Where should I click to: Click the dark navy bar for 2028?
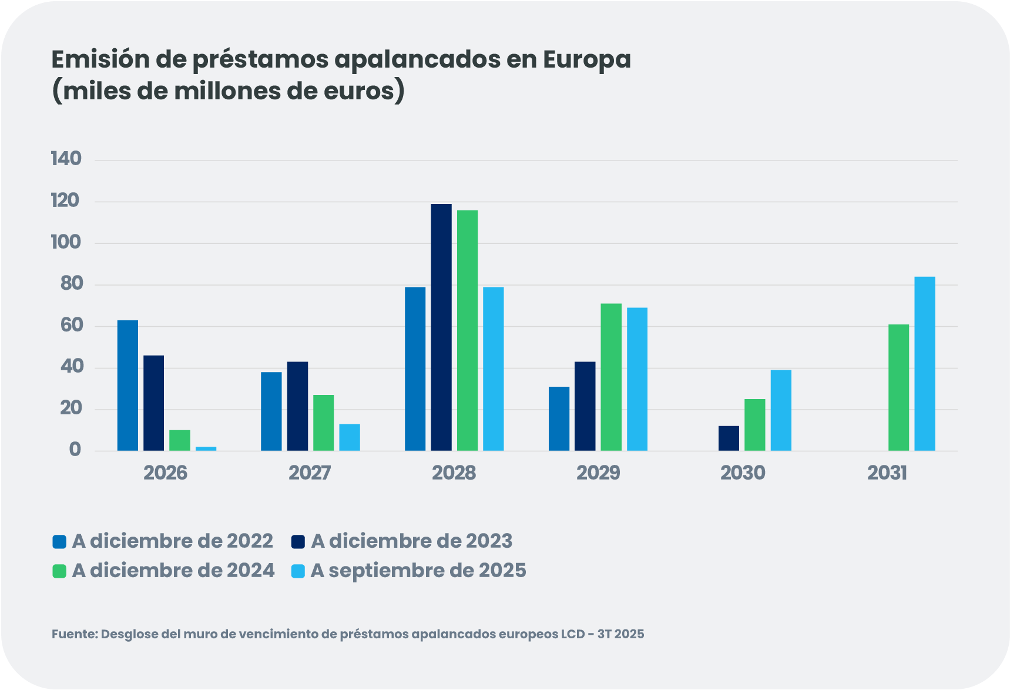(x=441, y=327)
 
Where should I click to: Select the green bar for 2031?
(x=898, y=388)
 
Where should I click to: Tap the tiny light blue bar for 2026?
(x=206, y=448)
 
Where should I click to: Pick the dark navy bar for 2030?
(x=729, y=438)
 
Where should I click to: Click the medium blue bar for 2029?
(x=559, y=418)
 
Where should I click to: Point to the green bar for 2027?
(x=323, y=423)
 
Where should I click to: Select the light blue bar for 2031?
(x=924, y=364)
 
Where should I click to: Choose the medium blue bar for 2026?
(x=127, y=386)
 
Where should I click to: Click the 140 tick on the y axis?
(x=66, y=159)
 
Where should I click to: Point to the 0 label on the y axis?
(x=75, y=450)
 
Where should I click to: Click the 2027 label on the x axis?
(x=310, y=473)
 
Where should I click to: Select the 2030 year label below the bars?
(x=743, y=473)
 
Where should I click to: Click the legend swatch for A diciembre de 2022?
(x=59, y=541)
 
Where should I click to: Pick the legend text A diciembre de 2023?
(x=411, y=541)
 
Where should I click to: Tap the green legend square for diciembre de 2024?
(x=59, y=571)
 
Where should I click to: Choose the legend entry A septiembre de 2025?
(x=418, y=570)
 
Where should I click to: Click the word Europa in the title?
(x=586, y=59)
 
